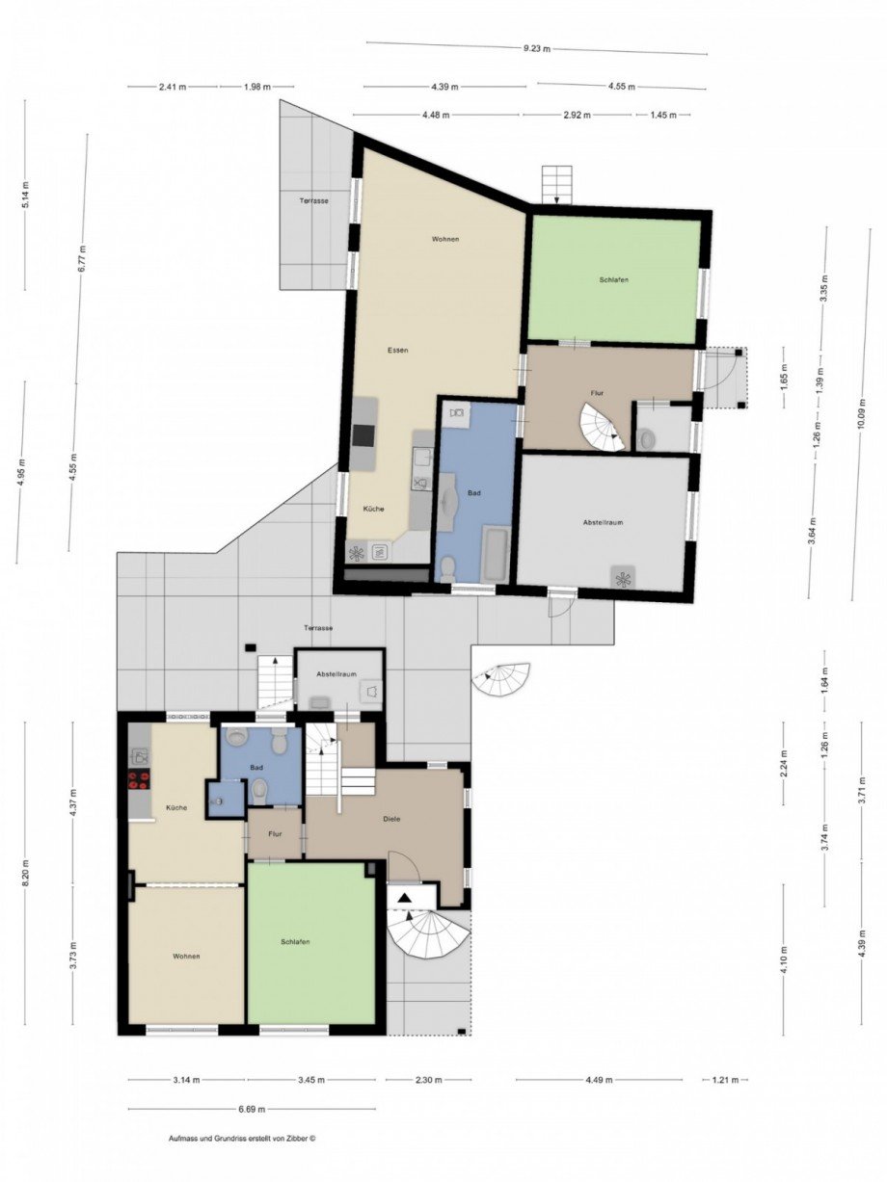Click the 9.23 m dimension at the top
click(537, 49)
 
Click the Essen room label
click(397, 350)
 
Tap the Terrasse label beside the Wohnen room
click(314, 200)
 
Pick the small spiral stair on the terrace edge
click(501, 680)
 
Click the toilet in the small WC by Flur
click(646, 439)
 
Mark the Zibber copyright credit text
click(241, 1138)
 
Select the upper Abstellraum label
click(604, 522)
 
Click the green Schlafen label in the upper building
click(614, 279)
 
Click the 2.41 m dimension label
click(173, 87)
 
